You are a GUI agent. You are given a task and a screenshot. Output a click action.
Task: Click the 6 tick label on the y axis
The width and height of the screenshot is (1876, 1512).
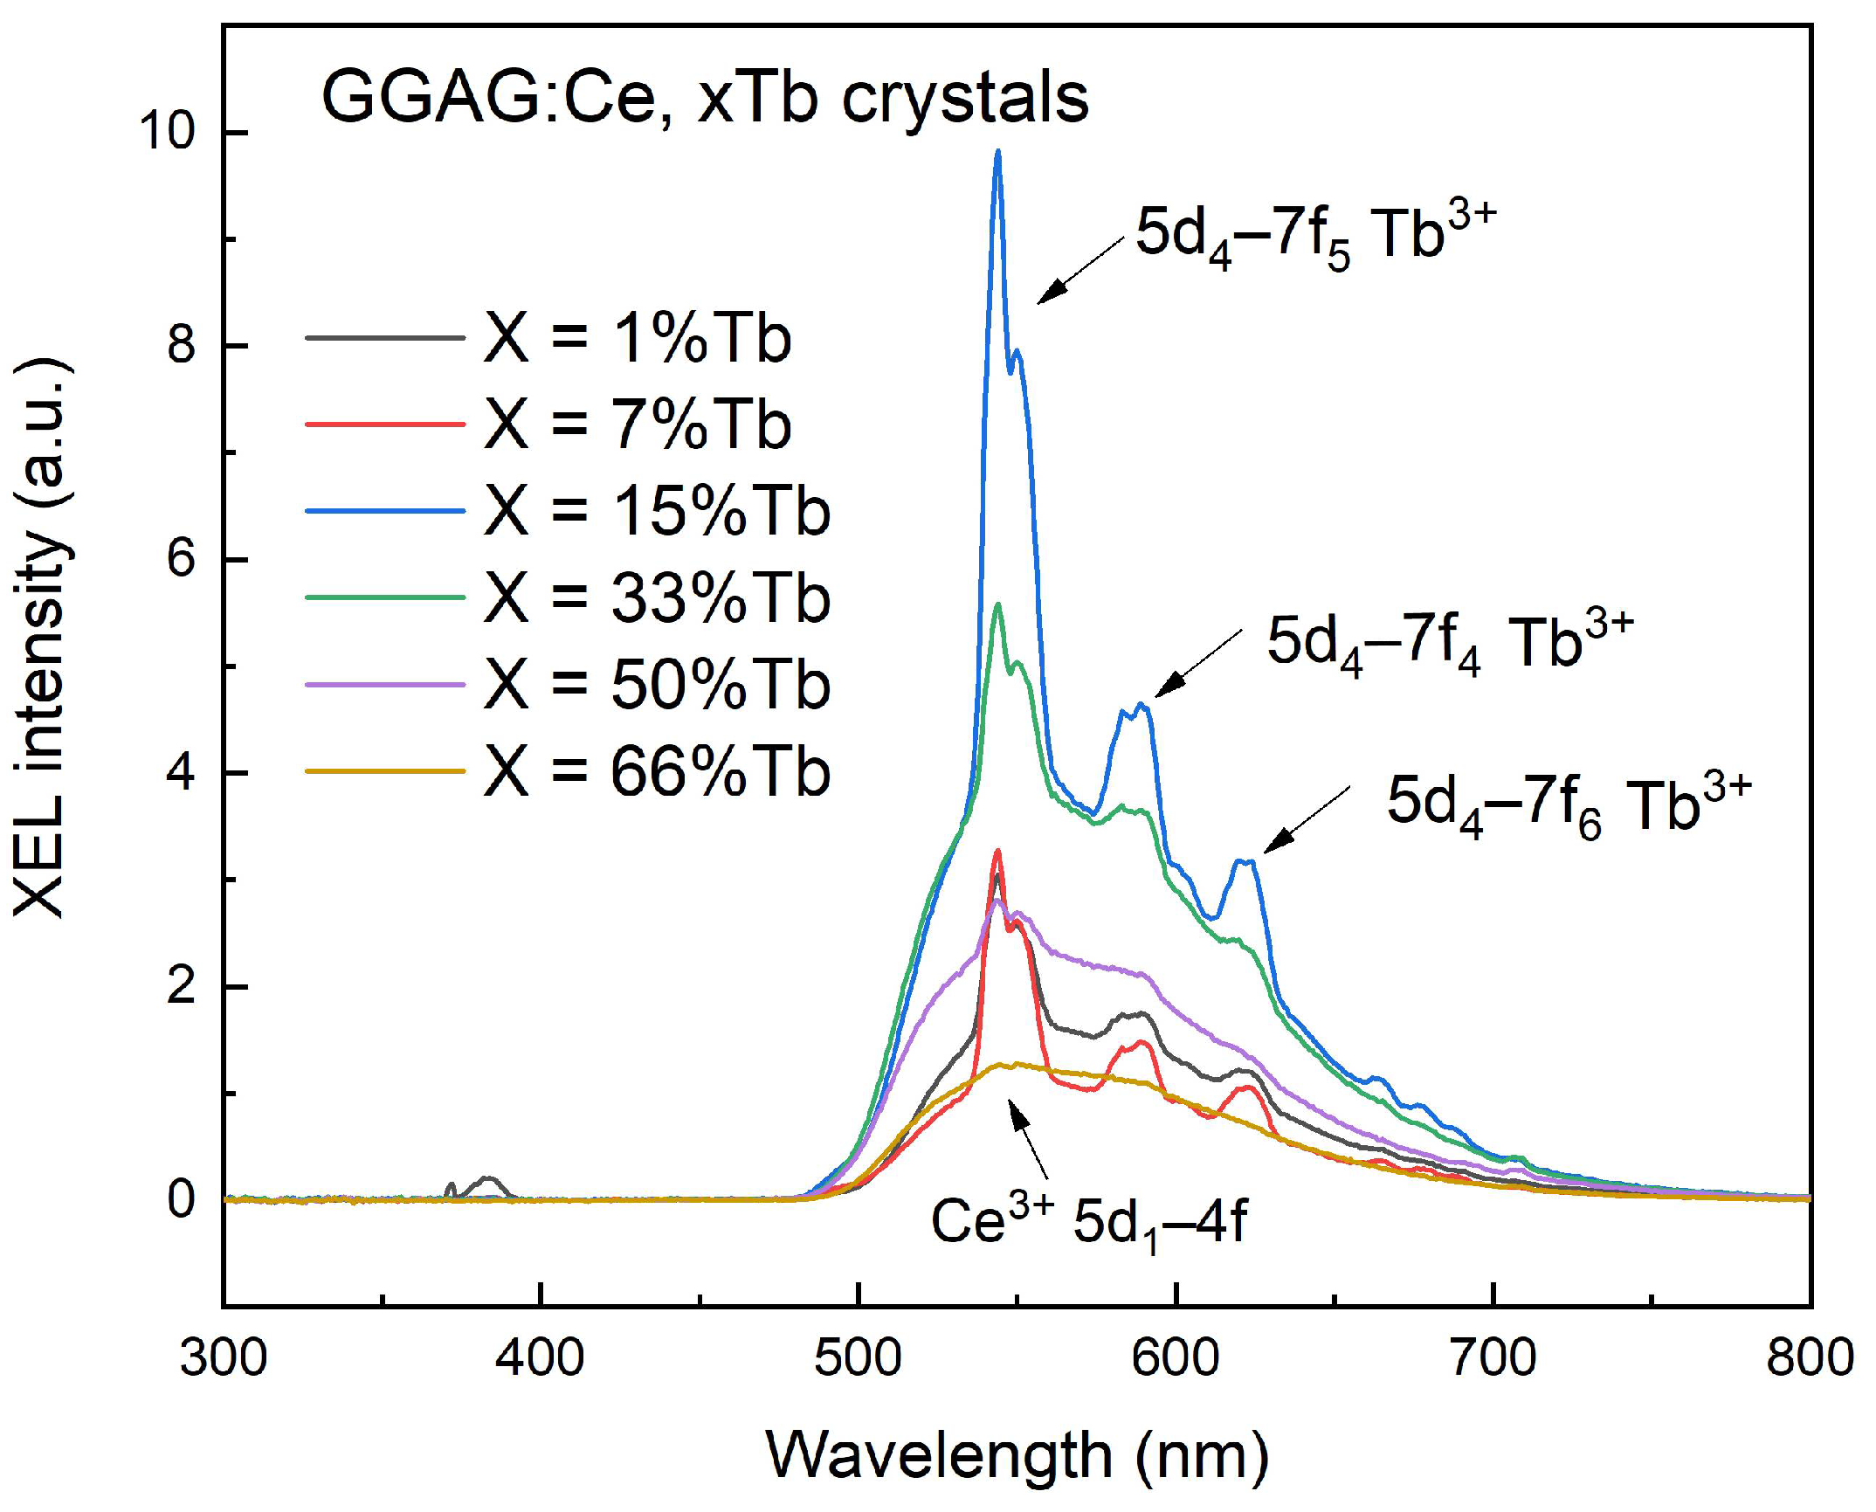coord(181,559)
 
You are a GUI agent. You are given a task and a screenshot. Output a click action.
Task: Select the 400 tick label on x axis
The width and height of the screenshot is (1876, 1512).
coord(541,1360)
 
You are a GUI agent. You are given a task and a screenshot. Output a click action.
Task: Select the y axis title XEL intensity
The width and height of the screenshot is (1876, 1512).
coord(41,638)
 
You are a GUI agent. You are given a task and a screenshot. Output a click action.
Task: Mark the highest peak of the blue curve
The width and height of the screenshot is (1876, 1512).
coord(997,152)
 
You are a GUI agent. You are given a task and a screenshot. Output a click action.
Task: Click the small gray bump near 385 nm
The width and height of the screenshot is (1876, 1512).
coord(488,1180)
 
